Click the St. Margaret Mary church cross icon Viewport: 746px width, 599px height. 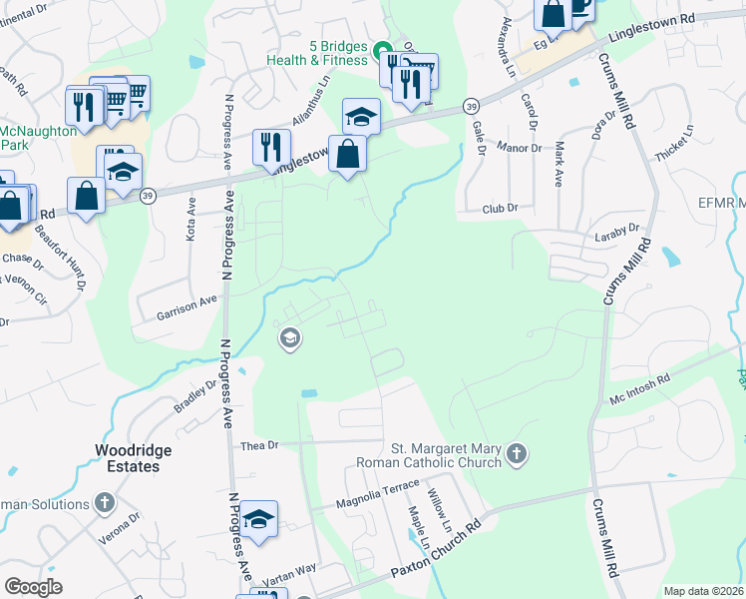click(x=516, y=454)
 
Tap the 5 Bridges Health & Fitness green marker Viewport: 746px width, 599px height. click(x=381, y=49)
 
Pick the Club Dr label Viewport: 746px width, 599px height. click(x=501, y=209)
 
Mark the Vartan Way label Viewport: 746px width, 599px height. click(x=288, y=574)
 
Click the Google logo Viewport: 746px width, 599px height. click(x=33, y=587)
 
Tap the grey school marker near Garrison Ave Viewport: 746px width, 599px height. click(x=290, y=339)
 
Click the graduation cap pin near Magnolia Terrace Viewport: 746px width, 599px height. click(x=258, y=519)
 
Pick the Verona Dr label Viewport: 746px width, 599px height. click(x=119, y=525)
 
